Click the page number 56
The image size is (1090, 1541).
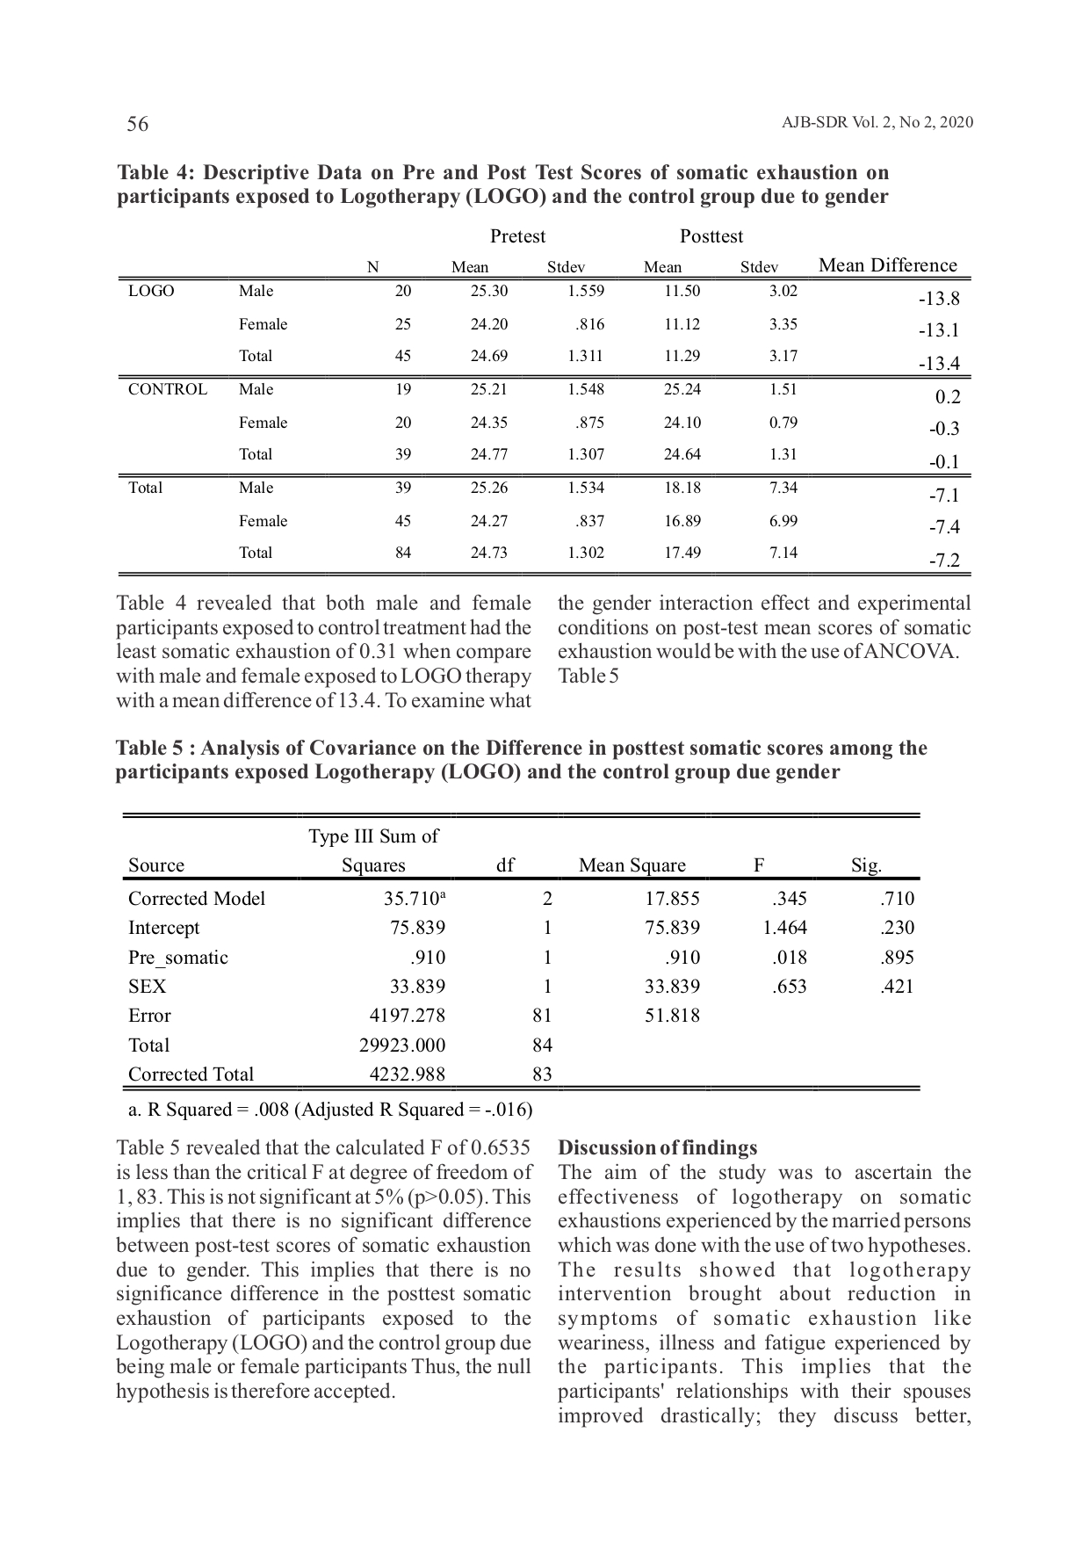pyautogui.click(x=138, y=124)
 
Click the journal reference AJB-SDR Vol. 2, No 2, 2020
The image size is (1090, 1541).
pyautogui.click(x=877, y=122)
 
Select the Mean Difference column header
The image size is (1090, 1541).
pyautogui.click(x=887, y=265)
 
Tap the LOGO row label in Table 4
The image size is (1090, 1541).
pyautogui.click(x=151, y=291)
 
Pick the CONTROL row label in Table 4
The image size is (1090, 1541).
pyautogui.click(x=168, y=389)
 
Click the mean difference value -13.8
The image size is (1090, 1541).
pyautogui.click(x=939, y=299)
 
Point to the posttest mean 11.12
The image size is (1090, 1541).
pyautogui.click(x=682, y=324)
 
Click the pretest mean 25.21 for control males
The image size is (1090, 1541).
pyautogui.click(x=488, y=389)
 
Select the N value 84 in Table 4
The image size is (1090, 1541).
pyautogui.click(x=402, y=553)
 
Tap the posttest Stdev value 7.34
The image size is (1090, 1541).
pyautogui.click(x=783, y=488)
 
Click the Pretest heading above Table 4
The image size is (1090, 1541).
pyautogui.click(x=517, y=236)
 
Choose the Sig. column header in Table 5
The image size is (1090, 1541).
pyautogui.click(x=866, y=865)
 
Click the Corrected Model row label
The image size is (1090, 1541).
pyautogui.click(x=197, y=898)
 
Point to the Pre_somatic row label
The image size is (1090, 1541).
pyautogui.click(x=177, y=957)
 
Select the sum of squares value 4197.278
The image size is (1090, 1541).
pyautogui.click(x=407, y=1016)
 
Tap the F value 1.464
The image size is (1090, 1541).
pyautogui.click(x=784, y=928)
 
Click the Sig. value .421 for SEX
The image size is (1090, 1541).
pyautogui.click(x=897, y=987)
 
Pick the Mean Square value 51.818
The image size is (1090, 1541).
pyautogui.click(x=672, y=1016)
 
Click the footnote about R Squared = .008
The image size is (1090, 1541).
pyautogui.click(x=330, y=1110)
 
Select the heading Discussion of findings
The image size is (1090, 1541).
pyautogui.click(x=657, y=1148)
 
